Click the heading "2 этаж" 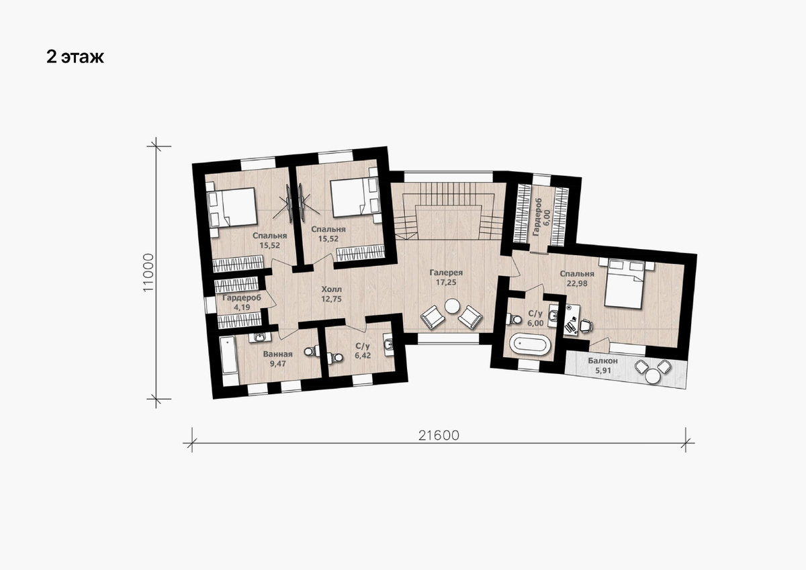pyautogui.click(x=75, y=57)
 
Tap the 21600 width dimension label pyautogui.click(x=439, y=436)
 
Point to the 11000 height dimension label pyautogui.click(x=148, y=273)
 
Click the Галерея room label pyautogui.click(x=446, y=273)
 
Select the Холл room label pyautogui.click(x=331, y=289)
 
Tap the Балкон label pyautogui.click(x=602, y=361)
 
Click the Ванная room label pyautogui.click(x=278, y=354)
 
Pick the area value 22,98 pyautogui.click(x=577, y=283)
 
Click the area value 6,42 pyautogui.click(x=363, y=356)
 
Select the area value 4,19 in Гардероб pyautogui.click(x=242, y=307)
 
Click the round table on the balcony pyautogui.click(x=653, y=377)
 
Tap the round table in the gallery pyautogui.click(x=452, y=306)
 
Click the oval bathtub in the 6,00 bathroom pyautogui.click(x=531, y=344)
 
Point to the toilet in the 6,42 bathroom pyautogui.click(x=335, y=357)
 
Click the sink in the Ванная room pyautogui.click(x=259, y=337)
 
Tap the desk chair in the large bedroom pyautogui.click(x=586, y=326)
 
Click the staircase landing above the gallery pyautogui.click(x=449, y=222)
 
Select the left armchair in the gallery pyautogui.click(x=433, y=317)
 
